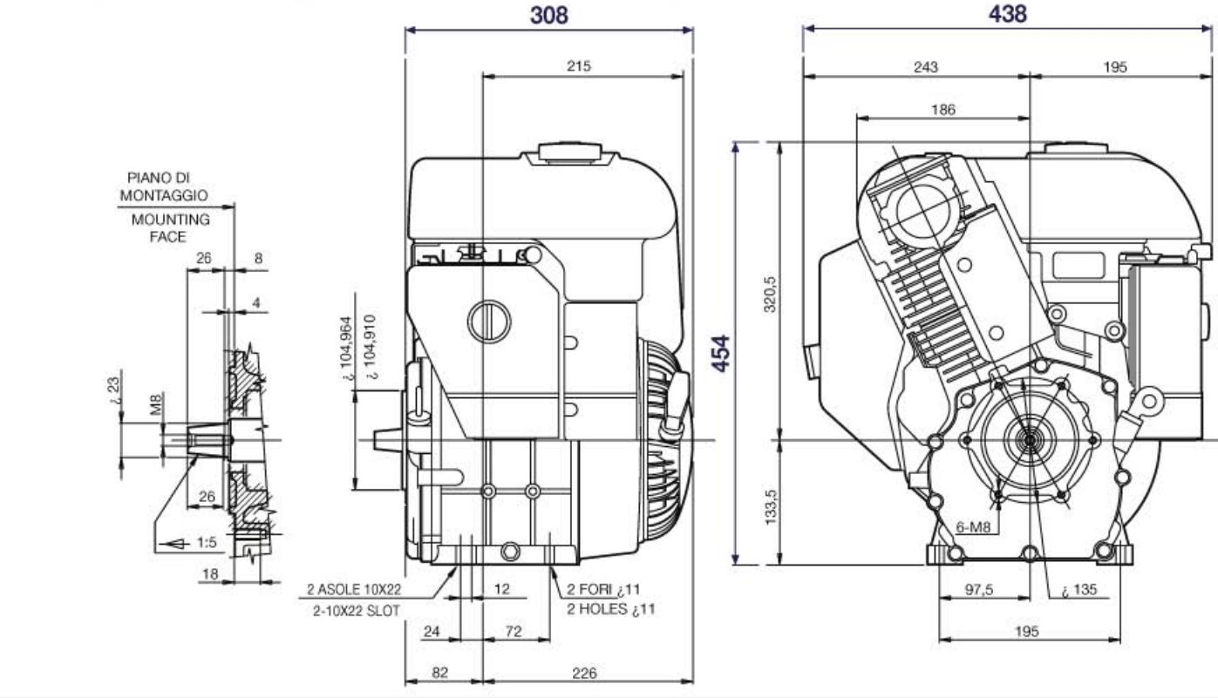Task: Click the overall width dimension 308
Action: (x=549, y=15)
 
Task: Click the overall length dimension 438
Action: (x=1008, y=14)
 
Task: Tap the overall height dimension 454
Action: (x=722, y=353)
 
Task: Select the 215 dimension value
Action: (x=579, y=65)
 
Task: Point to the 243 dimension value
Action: (x=925, y=67)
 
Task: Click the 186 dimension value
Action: (x=942, y=109)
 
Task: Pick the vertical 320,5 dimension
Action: (x=770, y=294)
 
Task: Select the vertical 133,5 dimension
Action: (x=770, y=507)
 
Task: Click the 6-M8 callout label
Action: (x=973, y=526)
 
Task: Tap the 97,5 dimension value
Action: (x=979, y=589)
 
